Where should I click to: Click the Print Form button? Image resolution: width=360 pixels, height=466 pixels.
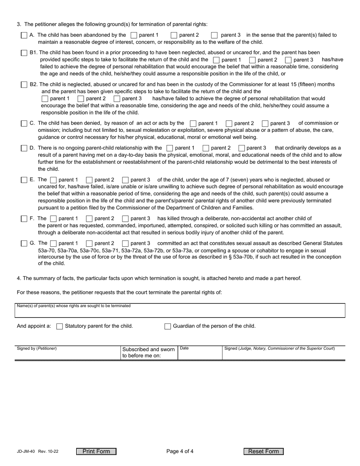[x=96, y=451]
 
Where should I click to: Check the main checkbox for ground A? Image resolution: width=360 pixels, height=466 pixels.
[x=24, y=35]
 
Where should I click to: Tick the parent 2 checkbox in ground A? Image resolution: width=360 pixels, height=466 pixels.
[x=174, y=35]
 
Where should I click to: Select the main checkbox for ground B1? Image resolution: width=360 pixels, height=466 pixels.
[x=24, y=53]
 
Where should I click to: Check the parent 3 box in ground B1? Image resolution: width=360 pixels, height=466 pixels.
[x=288, y=60]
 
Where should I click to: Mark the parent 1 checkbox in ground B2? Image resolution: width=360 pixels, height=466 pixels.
[x=45, y=99]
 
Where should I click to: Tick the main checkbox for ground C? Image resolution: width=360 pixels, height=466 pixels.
[x=24, y=124]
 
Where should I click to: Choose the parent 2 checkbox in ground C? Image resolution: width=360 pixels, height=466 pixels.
[x=229, y=124]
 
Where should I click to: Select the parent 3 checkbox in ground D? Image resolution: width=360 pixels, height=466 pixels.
[x=241, y=148]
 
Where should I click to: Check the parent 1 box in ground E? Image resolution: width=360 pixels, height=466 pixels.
[x=53, y=180]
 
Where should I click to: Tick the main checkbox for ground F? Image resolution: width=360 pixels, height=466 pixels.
[x=24, y=219]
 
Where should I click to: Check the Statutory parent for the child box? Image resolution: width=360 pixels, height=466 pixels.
[x=59, y=326]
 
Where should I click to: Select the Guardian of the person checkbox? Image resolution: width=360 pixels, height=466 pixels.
[x=167, y=326]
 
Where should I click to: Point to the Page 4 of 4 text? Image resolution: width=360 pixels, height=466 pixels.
[x=180, y=451]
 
